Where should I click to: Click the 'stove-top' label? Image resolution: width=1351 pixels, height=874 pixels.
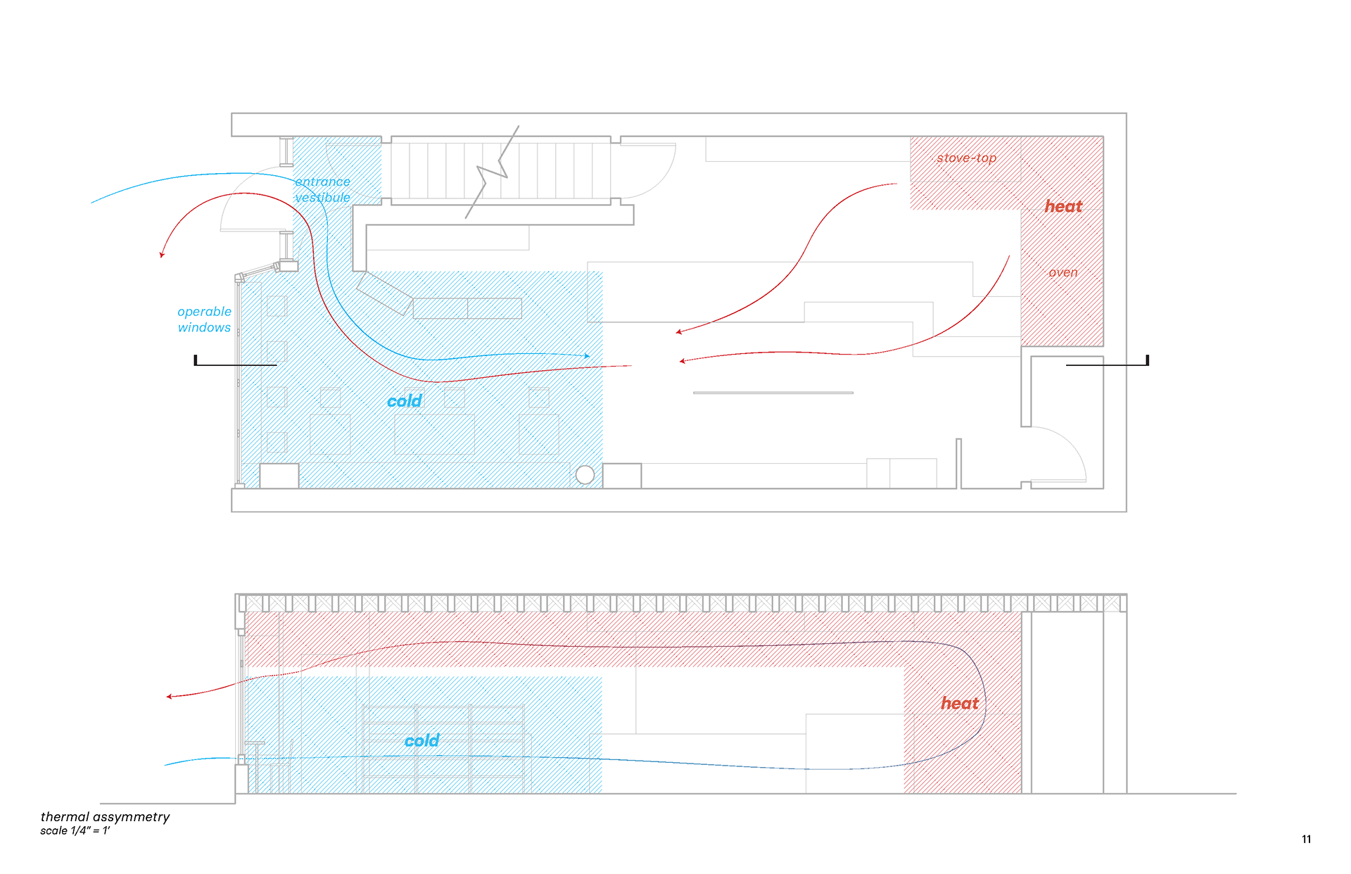tap(966, 158)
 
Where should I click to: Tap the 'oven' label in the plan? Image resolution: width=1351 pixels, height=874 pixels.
tap(1063, 272)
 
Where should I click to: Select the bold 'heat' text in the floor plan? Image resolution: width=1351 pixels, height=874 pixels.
tap(1063, 206)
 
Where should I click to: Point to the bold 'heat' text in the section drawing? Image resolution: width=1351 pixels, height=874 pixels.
tap(960, 703)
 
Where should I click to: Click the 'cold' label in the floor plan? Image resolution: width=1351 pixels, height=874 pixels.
tap(405, 401)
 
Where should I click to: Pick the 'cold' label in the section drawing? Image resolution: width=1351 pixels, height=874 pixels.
tap(421, 740)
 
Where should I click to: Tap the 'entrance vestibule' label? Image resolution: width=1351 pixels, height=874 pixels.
tap(322, 189)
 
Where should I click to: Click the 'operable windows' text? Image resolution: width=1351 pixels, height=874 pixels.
tap(204, 319)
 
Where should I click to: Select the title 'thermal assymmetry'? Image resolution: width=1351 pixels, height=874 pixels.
tap(105, 816)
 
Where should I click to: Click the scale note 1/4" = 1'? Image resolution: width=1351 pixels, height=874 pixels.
tap(75, 831)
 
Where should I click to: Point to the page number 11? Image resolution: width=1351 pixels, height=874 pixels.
tap(1306, 839)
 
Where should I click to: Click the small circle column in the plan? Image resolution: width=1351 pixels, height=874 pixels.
tap(585, 475)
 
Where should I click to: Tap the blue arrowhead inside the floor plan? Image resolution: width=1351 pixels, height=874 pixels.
tap(587, 356)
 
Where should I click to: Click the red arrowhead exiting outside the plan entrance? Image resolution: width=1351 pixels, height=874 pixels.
tap(162, 255)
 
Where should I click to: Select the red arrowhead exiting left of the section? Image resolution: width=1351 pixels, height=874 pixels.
tap(169, 697)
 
